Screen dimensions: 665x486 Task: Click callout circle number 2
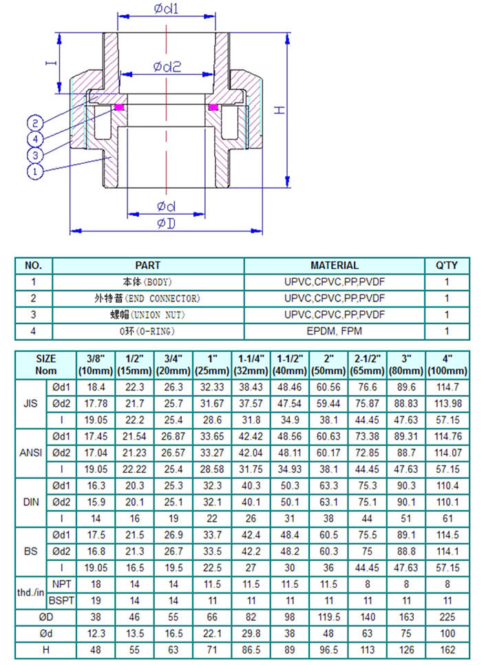pos(36,123)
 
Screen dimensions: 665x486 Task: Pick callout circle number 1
pos(36,169)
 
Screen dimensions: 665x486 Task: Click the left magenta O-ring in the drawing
pos(119,107)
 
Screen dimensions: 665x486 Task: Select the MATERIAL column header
pos(335,265)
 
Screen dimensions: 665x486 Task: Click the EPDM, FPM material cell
pos(335,331)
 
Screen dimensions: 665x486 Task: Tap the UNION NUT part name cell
pos(148,315)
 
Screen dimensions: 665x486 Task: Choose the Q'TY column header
pos(447,265)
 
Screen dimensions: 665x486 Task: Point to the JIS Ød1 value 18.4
pos(95,388)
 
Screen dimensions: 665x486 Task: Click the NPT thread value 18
pos(95,583)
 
